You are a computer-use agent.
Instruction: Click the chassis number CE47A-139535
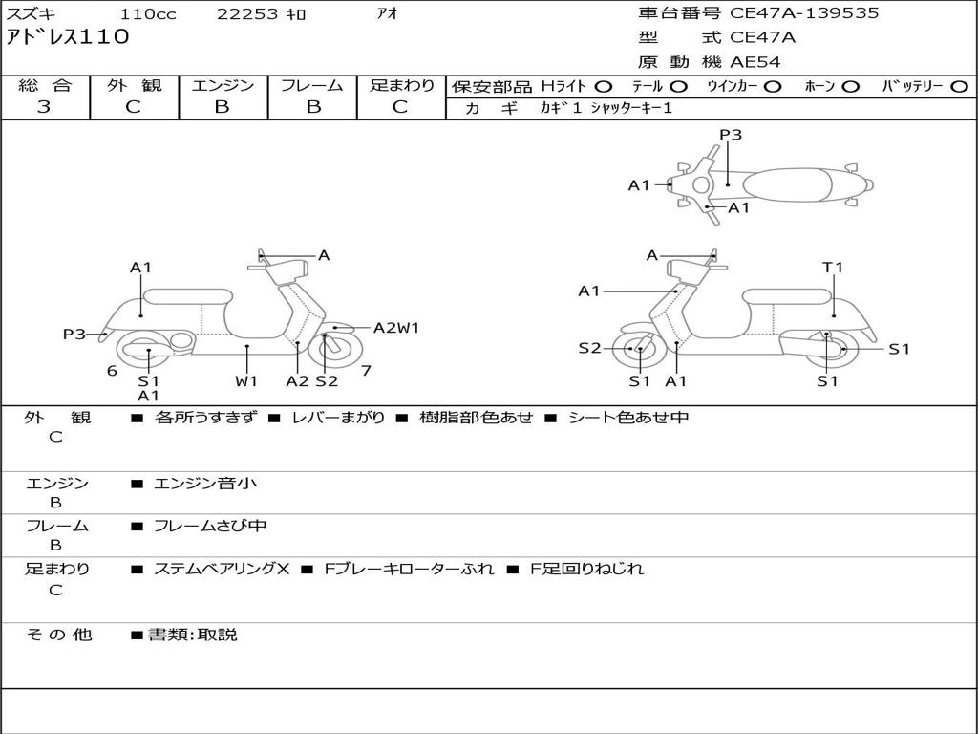click(804, 13)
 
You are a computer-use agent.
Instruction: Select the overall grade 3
click(44, 107)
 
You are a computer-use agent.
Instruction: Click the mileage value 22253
click(247, 13)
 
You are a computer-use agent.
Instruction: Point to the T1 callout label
click(833, 268)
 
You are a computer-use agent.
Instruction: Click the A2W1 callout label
click(396, 328)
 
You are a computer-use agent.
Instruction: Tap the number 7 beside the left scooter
click(366, 371)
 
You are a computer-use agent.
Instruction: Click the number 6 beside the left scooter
click(112, 371)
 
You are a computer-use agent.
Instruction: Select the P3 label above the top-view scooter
click(731, 135)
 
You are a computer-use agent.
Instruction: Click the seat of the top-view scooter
click(787, 185)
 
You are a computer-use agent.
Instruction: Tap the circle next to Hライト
click(604, 87)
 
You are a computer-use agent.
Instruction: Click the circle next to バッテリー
click(959, 87)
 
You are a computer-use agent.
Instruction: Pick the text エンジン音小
click(205, 483)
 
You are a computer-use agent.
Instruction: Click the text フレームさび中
click(210, 527)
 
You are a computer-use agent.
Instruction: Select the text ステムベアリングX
click(222, 569)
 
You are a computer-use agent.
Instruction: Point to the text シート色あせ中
click(628, 417)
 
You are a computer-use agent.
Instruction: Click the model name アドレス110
click(68, 37)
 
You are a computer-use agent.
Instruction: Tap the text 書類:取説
click(193, 635)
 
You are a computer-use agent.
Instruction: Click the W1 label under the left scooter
click(246, 380)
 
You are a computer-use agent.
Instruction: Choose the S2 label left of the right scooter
click(589, 348)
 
